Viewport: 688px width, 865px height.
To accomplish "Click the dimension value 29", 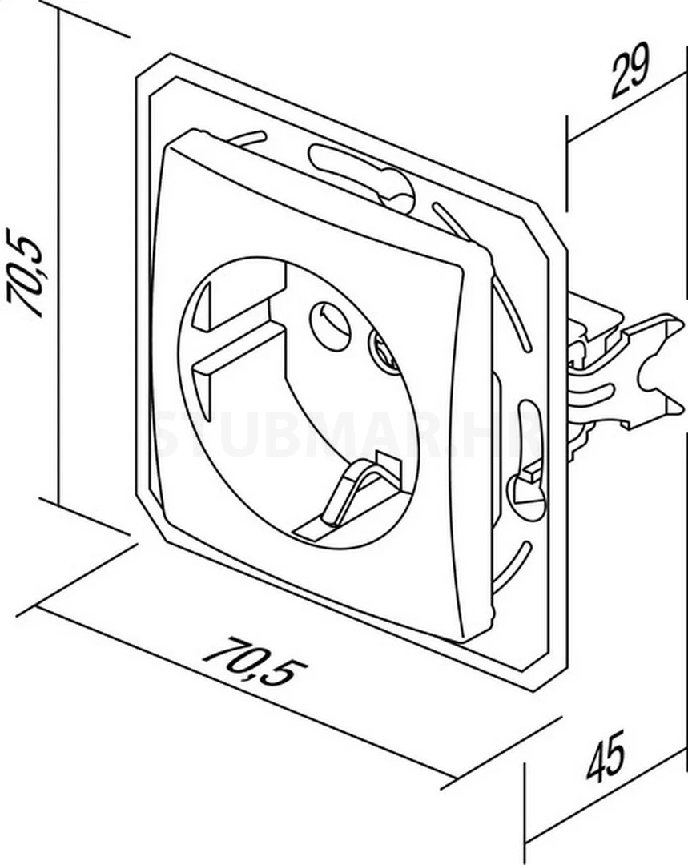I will coord(630,73).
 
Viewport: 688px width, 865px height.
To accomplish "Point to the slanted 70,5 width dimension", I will coord(255,662).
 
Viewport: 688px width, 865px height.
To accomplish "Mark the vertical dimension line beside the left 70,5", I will coord(60,264).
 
